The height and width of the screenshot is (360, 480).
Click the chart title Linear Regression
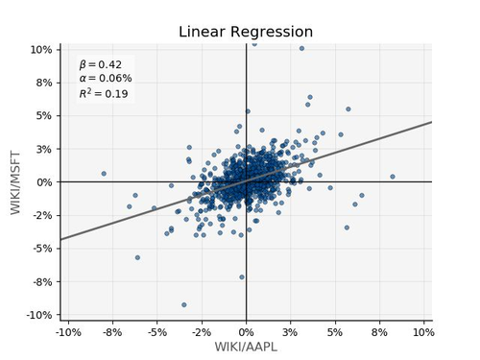coord(246,32)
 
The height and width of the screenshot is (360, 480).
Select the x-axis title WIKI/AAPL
coord(246,347)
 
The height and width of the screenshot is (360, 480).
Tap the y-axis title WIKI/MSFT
coord(15,182)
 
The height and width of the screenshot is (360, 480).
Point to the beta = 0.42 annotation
coord(101,64)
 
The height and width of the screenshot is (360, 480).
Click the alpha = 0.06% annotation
coord(106,78)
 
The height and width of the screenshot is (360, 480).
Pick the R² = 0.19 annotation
coord(104,93)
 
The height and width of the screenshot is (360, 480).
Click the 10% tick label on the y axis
coord(41,50)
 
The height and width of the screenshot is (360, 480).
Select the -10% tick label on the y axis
coord(39,315)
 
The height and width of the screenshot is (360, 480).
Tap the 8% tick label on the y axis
coord(44,83)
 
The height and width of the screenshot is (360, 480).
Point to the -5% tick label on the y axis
coord(42,249)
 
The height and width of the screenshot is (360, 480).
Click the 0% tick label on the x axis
coord(246,332)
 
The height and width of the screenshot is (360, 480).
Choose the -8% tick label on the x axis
coord(112,332)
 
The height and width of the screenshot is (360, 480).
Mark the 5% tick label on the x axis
coord(335,332)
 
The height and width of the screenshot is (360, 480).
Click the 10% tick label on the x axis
coord(423,332)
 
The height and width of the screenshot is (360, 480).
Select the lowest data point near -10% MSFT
coord(184,304)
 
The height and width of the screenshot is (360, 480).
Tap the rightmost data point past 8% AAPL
coord(393,177)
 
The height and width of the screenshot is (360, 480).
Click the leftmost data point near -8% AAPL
coord(104,174)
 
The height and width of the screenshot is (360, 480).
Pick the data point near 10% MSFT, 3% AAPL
coord(301,48)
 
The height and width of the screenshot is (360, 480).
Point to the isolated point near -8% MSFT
coord(242,276)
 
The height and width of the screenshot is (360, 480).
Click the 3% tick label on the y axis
coord(44,149)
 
